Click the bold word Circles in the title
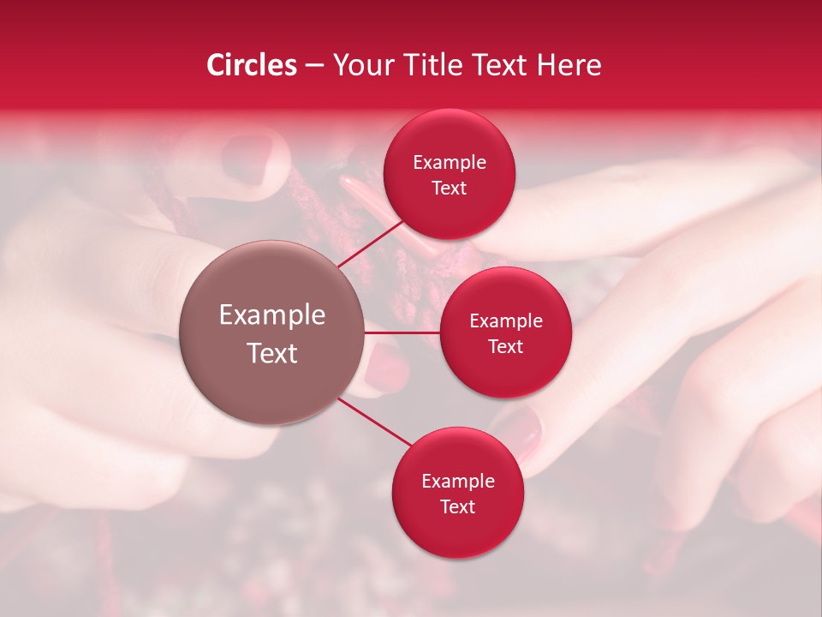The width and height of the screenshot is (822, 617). pos(251,65)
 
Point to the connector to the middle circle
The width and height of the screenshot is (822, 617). pos(402,332)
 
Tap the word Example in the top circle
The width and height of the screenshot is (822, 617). pos(450,163)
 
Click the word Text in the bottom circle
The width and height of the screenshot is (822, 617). pos(457,506)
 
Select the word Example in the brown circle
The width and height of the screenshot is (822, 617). pos(272,315)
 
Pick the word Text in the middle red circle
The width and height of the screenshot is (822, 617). pos(506,346)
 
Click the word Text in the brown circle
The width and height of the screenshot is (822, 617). pos(272,353)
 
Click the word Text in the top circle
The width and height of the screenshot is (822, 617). pos(450,188)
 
